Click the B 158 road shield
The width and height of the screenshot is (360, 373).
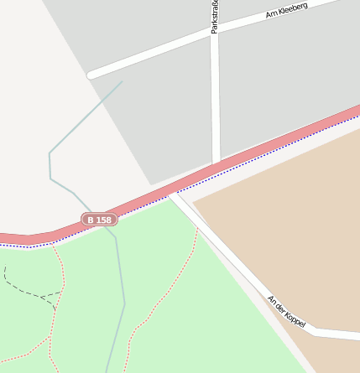point(99,220)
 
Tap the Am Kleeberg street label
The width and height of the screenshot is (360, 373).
point(286,10)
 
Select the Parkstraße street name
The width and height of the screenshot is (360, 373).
point(215,17)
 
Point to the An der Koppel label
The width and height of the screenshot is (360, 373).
point(286,311)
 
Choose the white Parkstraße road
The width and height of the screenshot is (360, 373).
point(216,101)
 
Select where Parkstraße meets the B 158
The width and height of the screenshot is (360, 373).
point(217,162)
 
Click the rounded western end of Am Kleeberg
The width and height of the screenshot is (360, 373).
point(91,75)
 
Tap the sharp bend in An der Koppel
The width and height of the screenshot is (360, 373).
point(314,332)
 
